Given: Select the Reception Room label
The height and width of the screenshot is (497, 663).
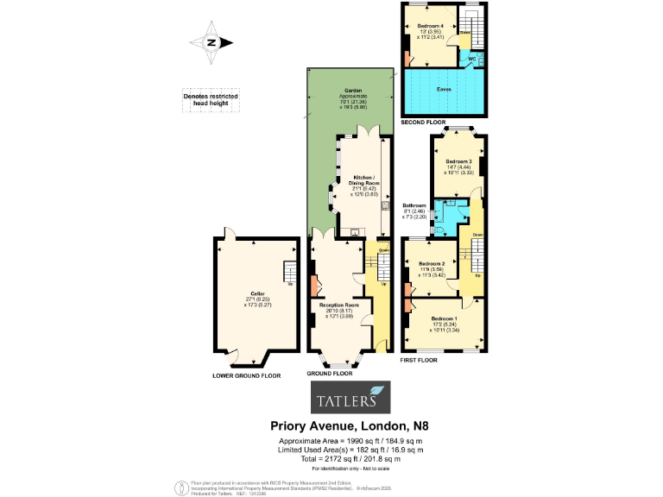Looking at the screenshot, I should (x=340, y=308).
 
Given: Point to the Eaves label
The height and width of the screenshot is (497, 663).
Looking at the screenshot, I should (x=445, y=88).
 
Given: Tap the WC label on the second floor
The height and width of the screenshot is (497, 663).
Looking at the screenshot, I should (x=472, y=59).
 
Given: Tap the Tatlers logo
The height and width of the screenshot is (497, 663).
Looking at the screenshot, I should (x=350, y=399).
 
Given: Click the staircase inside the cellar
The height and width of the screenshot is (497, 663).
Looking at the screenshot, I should (x=290, y=275).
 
